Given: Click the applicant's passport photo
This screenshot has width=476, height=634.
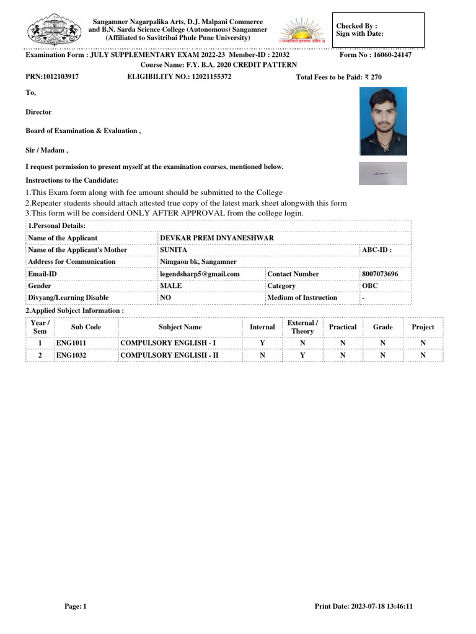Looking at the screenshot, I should point(383,121).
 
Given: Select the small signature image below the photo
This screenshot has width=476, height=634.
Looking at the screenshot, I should point(383,173).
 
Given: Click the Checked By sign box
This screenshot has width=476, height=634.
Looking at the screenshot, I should point(378,30).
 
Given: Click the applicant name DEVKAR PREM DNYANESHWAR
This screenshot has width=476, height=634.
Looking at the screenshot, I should point(217,238).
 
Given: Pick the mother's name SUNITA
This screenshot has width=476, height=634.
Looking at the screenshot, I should point(174,250).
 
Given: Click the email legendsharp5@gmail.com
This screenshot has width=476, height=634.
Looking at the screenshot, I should point(200,274).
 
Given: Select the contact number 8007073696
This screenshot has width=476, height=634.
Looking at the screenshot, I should point(380,274).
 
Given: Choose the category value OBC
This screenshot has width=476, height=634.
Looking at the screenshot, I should point(370,285).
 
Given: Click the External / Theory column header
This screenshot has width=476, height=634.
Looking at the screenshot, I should point(302,327).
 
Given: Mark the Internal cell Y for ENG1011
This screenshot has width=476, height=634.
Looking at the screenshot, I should point(262,343).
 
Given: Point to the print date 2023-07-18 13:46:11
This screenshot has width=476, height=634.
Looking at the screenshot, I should point(364,606).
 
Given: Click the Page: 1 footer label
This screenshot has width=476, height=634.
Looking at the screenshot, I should point(76,606).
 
